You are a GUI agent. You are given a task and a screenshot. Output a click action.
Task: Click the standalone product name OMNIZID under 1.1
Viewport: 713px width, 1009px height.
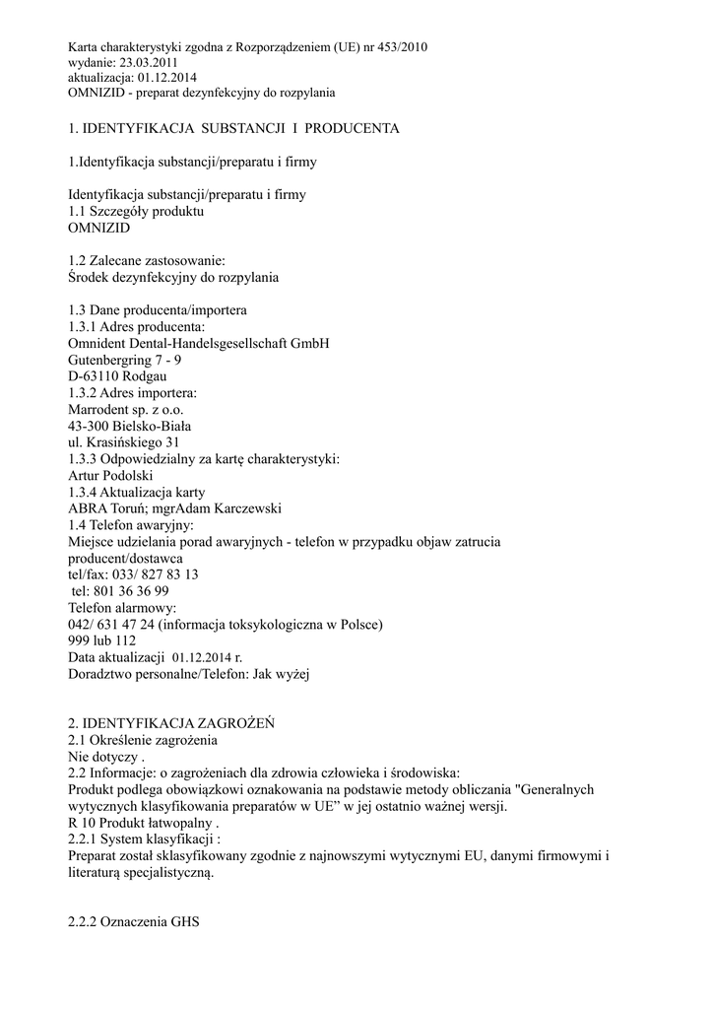[x=99, y=227]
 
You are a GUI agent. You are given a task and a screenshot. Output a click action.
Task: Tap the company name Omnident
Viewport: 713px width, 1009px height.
[x=99, y=343]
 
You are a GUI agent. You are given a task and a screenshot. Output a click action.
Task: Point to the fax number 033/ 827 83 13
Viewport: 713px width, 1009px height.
[x=153, y=574]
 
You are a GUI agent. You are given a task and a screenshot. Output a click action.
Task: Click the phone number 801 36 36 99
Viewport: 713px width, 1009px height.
[x=133, y=591]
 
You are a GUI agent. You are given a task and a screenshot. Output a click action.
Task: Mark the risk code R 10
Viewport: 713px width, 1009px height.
[x=84, y=823]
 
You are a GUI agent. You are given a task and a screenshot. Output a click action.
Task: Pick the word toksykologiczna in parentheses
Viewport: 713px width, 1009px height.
[x=275, y=625]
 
